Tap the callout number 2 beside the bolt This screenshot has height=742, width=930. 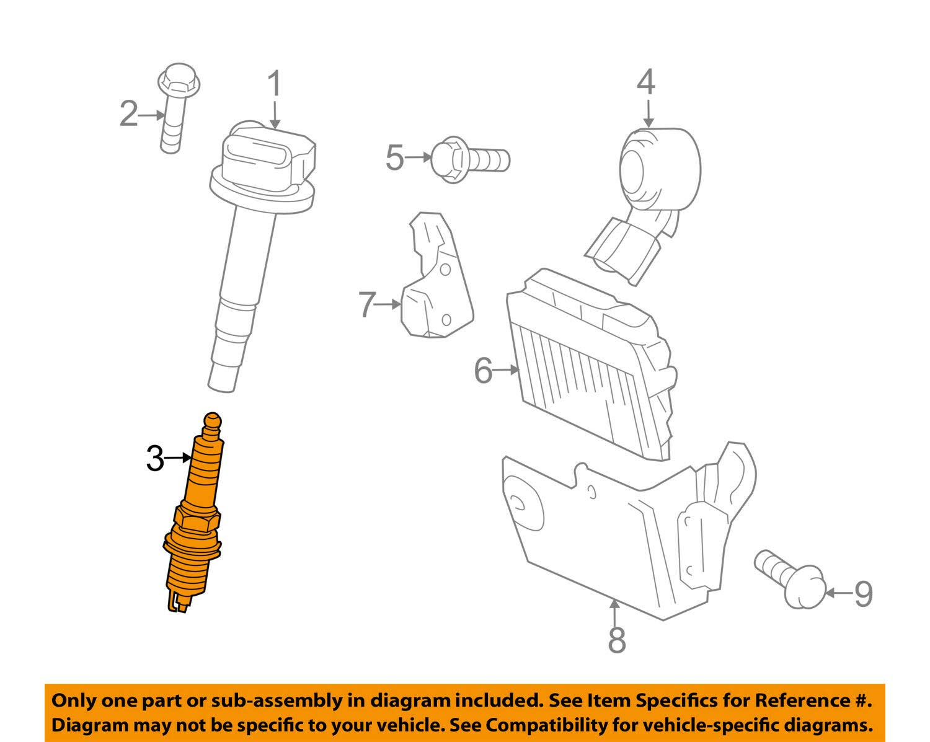[128, 115]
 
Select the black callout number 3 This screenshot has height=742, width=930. [154, 459]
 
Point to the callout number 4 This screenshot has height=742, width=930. [646, 82]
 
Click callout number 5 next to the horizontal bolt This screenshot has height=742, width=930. [394, 157]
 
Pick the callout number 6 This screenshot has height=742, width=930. [483, 371]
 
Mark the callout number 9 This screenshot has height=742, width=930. [863, 593]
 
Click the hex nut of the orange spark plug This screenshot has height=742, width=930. [197, 518]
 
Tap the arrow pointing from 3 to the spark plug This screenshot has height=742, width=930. [180, 457]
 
